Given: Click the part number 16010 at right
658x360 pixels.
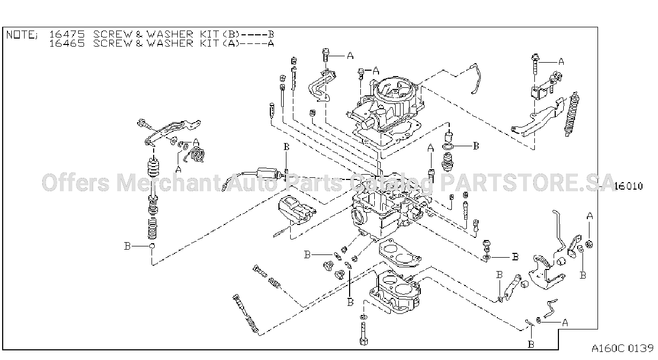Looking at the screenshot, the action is point(629,186).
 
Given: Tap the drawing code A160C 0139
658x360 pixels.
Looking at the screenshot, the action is point(622,348).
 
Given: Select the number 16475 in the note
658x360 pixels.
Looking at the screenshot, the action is point(67,34).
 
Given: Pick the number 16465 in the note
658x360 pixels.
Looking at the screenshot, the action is point(67,43).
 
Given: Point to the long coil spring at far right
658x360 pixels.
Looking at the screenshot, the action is point(571,114).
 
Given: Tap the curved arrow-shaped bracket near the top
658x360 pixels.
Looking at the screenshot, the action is point(321,86).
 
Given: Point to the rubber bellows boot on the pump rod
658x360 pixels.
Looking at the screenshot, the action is point(153,168).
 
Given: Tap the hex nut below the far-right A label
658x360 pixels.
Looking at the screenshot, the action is point(589,244).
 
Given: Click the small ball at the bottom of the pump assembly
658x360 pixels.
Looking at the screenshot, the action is point(152,246).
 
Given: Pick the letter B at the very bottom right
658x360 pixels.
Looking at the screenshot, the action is point(531,344).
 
